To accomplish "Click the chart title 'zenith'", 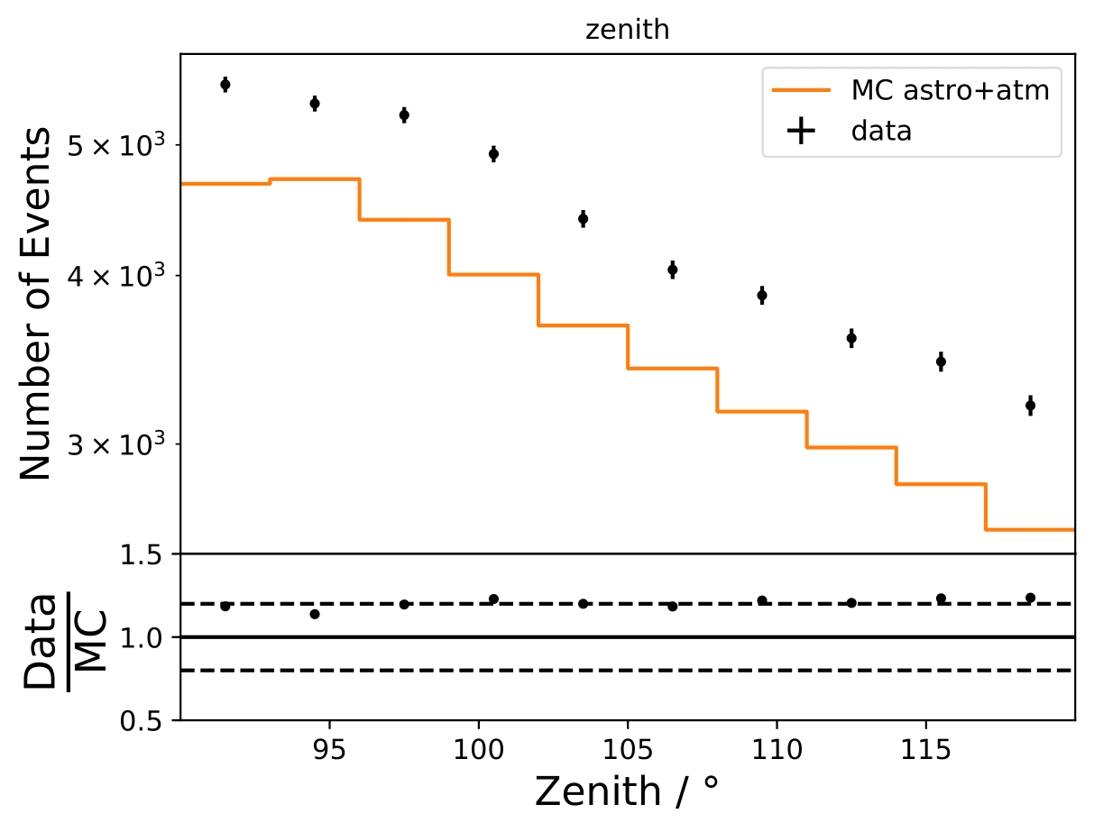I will click(628, 30).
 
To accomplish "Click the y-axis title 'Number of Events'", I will click(37, 304).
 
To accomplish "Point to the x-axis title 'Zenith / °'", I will click(628, 791).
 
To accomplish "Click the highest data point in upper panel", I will click(225, 85).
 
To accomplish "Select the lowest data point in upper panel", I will click(1030, 406).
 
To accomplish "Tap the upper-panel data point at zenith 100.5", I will click(493, 154).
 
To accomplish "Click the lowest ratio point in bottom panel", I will click(315, 614).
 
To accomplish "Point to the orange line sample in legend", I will click(801, 90).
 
